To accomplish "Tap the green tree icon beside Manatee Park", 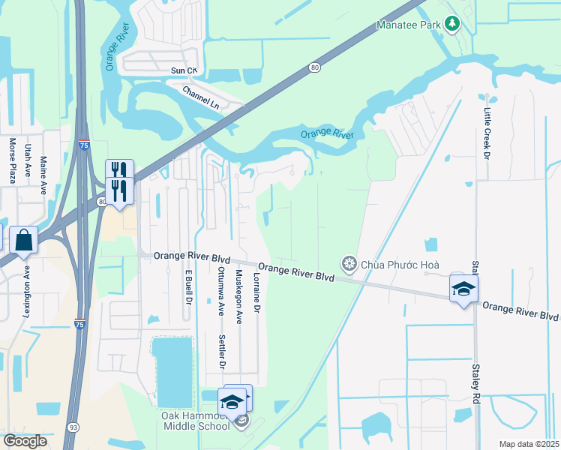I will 451,25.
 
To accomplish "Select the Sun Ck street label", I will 183,70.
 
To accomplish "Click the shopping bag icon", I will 24,241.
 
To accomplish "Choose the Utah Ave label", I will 28,160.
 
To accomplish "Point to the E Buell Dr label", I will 187,289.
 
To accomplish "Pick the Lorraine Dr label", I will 256,292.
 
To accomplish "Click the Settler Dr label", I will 222,352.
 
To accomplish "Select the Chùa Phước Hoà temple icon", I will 348,264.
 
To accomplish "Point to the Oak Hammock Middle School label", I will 196,421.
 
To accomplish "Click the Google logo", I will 25,440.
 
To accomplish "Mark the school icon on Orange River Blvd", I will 463,289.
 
